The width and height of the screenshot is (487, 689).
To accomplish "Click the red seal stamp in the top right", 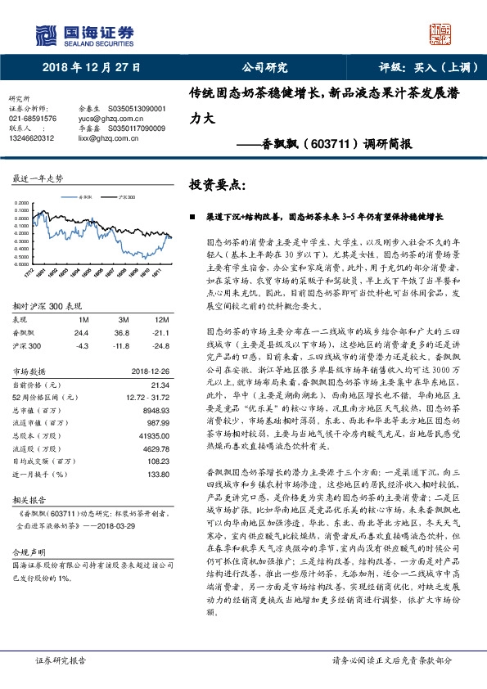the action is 442,33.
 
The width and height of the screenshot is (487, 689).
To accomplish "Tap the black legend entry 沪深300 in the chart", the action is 123,197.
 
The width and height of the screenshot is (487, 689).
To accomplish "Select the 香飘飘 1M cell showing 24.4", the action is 81,333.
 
